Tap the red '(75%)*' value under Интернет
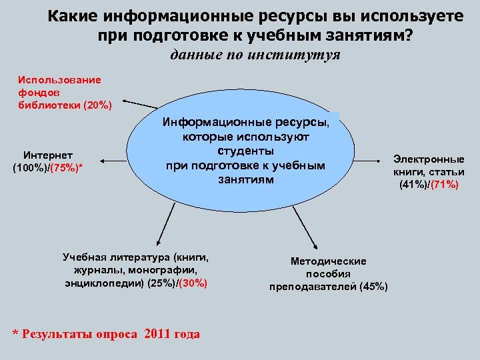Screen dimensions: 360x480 [x=67, y=167]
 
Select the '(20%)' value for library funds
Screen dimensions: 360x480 [x=97, y=105]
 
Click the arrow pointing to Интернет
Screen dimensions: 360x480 [x=113, y=159]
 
